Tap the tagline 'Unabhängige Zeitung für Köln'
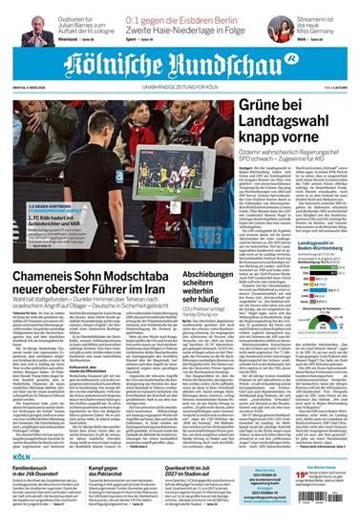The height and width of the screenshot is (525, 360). (x=180, y=92)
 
